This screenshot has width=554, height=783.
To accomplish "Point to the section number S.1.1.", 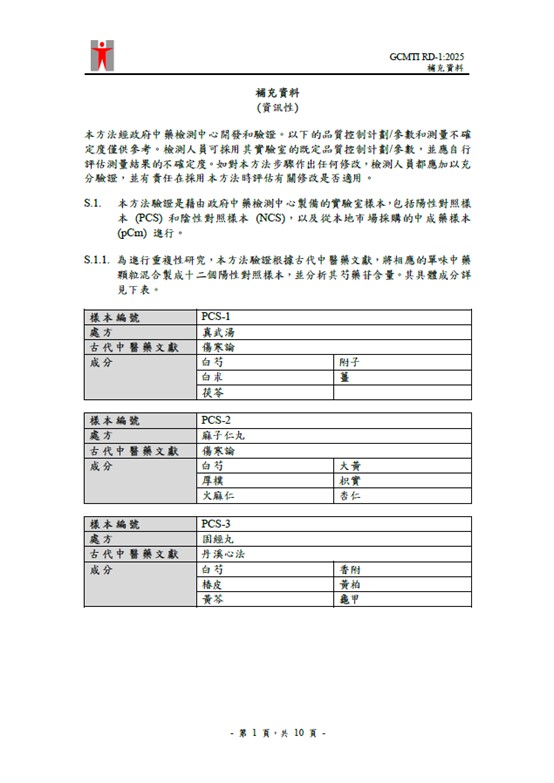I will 97,259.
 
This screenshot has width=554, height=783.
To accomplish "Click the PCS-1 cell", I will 217,317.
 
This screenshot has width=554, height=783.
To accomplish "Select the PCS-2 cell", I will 217,420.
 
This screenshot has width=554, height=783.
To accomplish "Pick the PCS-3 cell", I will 217,523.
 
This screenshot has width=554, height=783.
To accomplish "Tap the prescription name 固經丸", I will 218,538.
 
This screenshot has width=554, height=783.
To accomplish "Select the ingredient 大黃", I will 349,465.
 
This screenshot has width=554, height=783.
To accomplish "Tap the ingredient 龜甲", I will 349,598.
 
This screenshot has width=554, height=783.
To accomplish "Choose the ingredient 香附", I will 349,568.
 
